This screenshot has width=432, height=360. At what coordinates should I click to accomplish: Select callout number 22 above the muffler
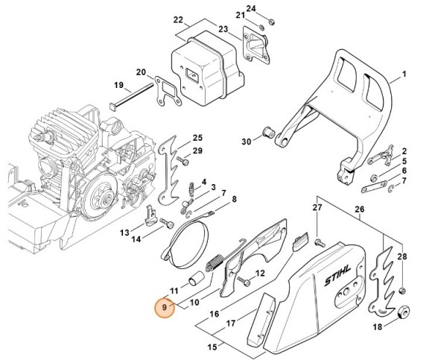click(x=178, y=19)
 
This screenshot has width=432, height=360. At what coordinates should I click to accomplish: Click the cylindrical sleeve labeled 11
click(x=195, y=280)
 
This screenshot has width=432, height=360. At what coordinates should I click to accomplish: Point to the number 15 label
click(x=213, y=347)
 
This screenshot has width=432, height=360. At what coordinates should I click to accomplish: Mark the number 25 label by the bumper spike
click(x=197, y=138)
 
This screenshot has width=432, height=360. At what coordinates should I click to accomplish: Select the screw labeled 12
click(x=244, y=281)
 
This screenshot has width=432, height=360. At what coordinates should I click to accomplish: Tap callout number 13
click(x=125, y=233)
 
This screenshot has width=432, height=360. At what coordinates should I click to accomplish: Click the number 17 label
click(x=232, y=324)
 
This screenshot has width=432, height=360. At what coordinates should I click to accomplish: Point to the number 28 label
click(x=403, y=257)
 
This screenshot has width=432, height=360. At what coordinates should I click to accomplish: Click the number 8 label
click(x=234, y=199)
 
